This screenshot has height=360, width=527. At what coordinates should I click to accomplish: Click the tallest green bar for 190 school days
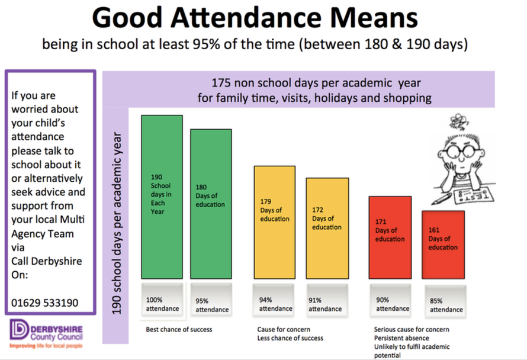(161, 197)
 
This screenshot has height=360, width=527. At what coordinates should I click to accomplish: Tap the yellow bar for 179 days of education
(274, 222)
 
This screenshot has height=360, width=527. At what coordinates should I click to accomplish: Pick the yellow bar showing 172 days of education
(327, 228)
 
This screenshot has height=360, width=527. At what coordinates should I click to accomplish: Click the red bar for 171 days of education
(390, 237)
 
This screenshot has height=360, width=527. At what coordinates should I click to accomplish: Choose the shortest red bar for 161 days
(443, 244)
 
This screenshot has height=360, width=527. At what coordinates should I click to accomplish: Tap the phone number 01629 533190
(44, 303)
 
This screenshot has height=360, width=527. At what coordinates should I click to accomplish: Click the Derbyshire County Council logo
(47, 335)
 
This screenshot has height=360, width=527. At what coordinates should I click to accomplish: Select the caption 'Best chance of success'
(179, 329)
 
